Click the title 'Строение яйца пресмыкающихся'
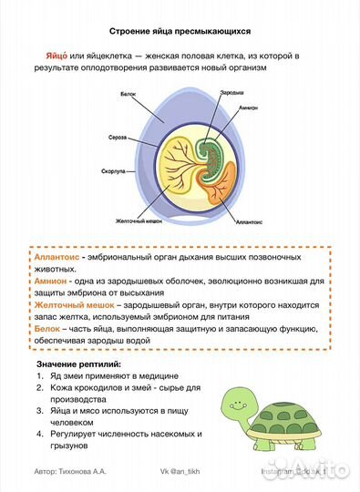[x=180, y=31]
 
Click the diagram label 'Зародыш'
[x=232, y=92]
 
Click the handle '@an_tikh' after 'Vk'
[x=189, y=474]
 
